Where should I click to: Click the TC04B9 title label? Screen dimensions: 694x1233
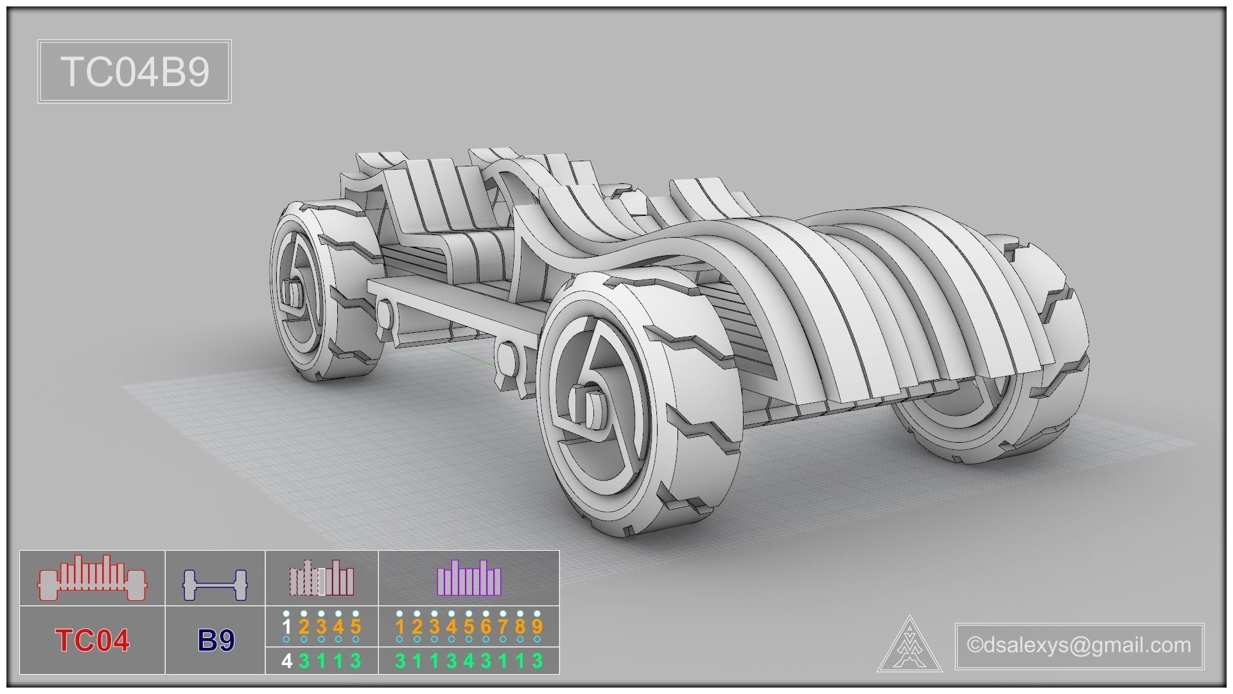click(135, 71)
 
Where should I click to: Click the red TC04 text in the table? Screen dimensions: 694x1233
click(92, 640)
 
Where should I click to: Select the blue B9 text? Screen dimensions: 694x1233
click(216, 640)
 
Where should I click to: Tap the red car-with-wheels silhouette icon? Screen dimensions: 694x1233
click(92, 578)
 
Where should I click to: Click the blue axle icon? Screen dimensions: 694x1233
click(215, 585)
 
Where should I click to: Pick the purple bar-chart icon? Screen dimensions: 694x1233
click(469, 578)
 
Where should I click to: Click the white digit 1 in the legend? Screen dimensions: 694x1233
click(287, 627)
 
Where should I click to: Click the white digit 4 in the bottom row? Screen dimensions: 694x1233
click(287, 661)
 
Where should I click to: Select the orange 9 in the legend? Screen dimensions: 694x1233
click(538, 627)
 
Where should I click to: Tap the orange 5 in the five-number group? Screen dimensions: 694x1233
click(356, 627)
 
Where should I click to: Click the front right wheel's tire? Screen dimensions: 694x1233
click(1053, 321)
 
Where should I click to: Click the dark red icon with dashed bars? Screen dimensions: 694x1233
click(321, 578)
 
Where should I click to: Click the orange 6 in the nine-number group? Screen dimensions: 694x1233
click(486, 627)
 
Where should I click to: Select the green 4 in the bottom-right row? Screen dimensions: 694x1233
click(469, 661)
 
